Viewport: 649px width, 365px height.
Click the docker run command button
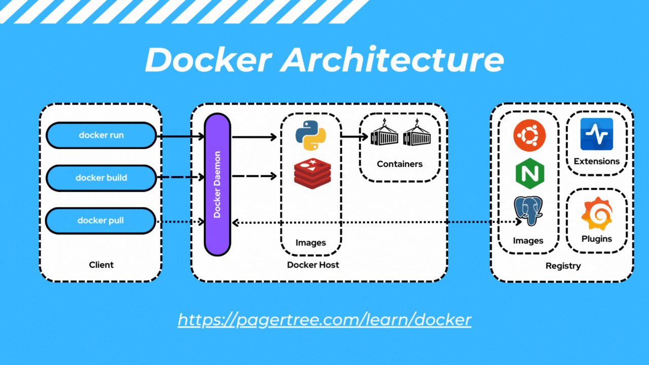tap(101, 135)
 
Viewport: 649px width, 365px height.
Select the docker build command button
tap(101, 178)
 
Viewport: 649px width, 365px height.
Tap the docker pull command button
tap(100, 221)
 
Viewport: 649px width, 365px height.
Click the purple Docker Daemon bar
tap(218, 185)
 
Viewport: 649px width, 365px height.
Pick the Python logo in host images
tap(310, 136)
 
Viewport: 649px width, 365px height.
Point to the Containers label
tap(400, 164)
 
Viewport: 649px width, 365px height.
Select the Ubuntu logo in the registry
tap(529, 136)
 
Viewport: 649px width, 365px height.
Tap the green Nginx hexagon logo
tap(529, 174)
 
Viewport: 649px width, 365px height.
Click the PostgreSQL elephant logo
tap(528, 211)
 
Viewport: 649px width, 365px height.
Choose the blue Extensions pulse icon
tap(597, 134)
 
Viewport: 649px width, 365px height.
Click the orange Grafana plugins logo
tap(597, 213)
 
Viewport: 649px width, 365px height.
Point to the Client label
tap(101, 265)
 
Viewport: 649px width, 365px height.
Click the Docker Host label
tap(313, 265)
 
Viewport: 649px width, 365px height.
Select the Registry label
tap(563, 266)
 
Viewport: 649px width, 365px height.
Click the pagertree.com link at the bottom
tap(324, 320)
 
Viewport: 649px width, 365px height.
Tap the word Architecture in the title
tap(392, 60)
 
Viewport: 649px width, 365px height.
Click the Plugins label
tap(597, 239)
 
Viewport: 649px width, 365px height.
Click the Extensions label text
tap(597, 161)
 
